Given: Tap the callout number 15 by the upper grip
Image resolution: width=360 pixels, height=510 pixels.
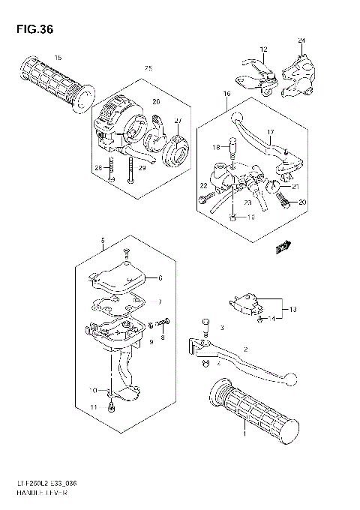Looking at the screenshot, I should [x=58, y=58].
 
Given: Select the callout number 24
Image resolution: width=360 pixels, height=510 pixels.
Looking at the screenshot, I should [x=301, y=40].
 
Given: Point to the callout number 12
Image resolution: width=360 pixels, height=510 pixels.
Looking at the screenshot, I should [x=262, y=49].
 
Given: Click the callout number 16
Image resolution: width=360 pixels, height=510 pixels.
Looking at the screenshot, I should [x=226, y=94].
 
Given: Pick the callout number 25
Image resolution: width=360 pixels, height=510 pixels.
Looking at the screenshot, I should [x=148, y=69].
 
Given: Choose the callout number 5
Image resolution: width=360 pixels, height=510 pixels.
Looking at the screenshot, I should [x=102, y=240].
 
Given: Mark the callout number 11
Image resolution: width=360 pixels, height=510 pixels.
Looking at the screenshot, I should [x=94, y=406].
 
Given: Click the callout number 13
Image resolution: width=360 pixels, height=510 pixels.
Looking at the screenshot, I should [x=293, y=309].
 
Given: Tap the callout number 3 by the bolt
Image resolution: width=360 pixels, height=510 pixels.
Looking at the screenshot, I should [x=222, y=328].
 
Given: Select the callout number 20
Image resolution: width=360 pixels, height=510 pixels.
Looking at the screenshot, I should [x=303, y=202].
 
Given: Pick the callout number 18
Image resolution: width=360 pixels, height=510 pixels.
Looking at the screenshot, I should [x=214, y=148].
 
